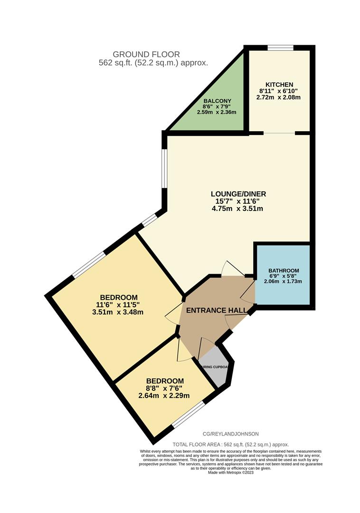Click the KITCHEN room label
[280, 85]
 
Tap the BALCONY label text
[218, 101]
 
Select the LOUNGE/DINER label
[238, 194]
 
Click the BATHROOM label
[283, 270]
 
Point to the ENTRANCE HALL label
[216, 311]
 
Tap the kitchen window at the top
[280, 47]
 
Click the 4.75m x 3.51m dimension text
[238, 209]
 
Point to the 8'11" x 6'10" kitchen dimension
[280, 91]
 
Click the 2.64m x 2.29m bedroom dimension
[164, 396]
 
